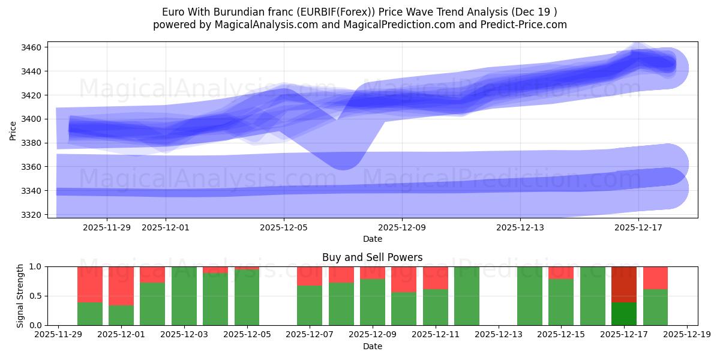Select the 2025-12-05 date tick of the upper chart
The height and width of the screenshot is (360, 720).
[284, 227]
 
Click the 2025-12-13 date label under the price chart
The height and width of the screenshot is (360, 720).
[520, 227]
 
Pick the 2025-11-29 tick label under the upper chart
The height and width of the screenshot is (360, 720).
[107, 227]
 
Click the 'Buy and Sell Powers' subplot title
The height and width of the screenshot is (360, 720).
[372, 257]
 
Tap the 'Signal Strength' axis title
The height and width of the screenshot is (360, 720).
[20, 296]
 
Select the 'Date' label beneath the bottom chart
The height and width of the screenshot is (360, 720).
[372, 346]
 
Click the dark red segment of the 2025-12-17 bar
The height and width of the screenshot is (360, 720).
[624, 284]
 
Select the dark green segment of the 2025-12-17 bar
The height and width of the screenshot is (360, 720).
[624, 313]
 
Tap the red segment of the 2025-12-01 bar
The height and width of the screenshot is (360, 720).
[121, 286]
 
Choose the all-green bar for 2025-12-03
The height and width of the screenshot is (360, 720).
[184, 296]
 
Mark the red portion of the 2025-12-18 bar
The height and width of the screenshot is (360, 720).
[655, 277]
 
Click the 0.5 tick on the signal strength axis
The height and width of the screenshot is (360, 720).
[36, 296]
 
